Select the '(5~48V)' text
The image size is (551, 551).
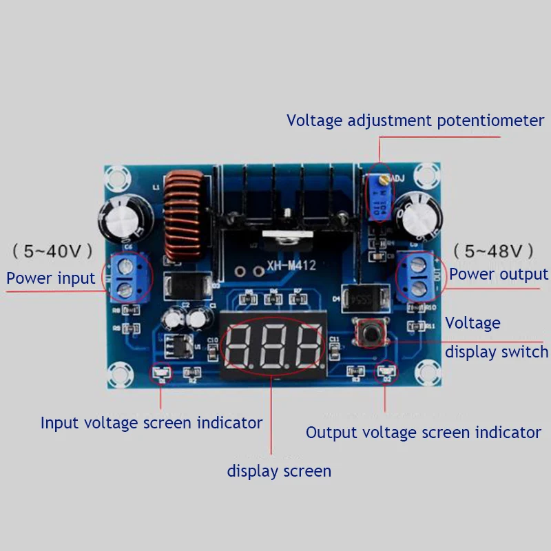(492, 249)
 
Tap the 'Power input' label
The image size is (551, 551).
(50, 278)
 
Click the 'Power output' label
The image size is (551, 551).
(499, 274)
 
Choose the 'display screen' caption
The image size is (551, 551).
(279, 471)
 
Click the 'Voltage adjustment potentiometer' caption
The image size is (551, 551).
(415, 121)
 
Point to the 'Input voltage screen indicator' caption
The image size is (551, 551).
(152, 422)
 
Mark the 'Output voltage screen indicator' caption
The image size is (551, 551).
(423, 433)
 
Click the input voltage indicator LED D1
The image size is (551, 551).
(163, 374)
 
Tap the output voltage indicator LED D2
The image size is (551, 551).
(386, 373)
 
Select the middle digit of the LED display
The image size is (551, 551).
(273, 344)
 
